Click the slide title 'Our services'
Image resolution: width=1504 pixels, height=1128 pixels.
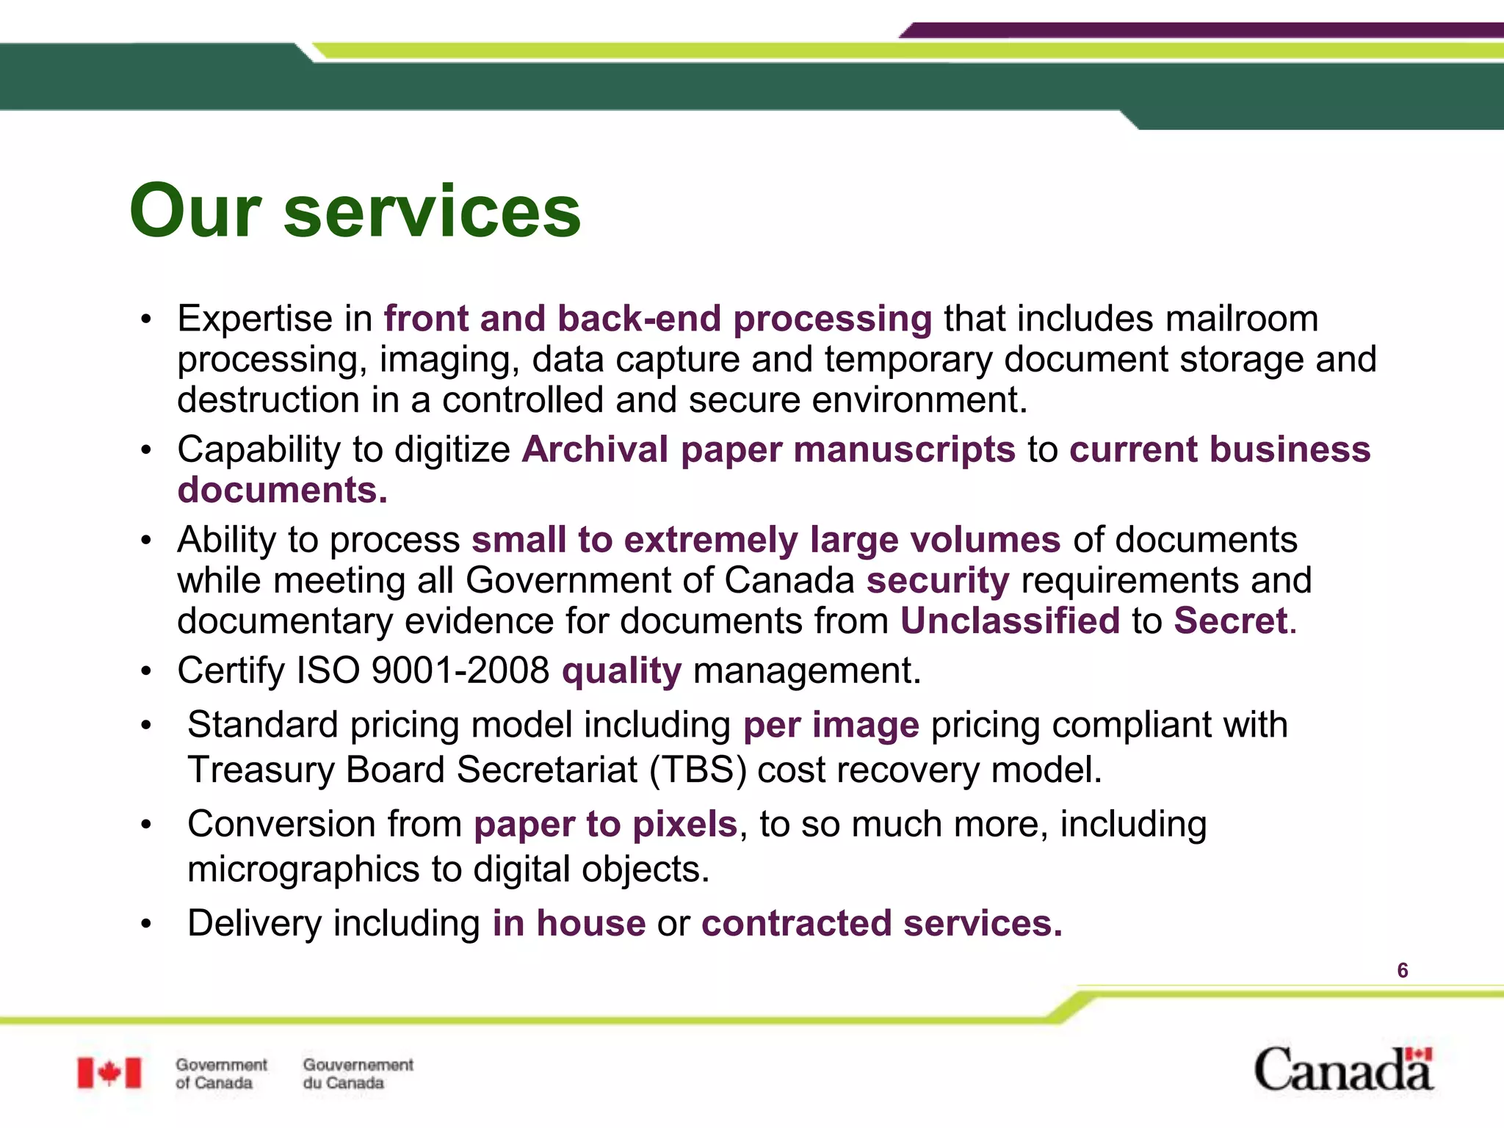[x=355, y=211]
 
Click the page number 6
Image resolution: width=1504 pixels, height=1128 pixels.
[x=1402, y=971]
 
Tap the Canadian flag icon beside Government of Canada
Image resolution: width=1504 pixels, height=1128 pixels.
[x=109, y=1073]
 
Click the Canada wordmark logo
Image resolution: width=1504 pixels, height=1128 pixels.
[x=1343, y=1069]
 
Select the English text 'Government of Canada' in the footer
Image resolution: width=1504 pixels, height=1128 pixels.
[x=221, y=1074]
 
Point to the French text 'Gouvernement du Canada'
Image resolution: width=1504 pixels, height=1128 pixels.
[x=358, y=1074]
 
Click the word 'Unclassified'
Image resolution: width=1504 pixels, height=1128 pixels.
[x=1010, y=621]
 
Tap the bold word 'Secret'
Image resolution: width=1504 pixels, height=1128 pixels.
[x=1230, y=621]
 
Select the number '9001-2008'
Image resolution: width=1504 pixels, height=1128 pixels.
[x=460, y=670]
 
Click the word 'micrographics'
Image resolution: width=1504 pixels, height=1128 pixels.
[x=303, y=870]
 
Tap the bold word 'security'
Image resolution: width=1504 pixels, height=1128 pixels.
[x=938, y=581]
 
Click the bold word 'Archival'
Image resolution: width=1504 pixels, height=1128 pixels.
[x=595, y=449]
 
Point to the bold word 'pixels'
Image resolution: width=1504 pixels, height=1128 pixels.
[x=684, y=825]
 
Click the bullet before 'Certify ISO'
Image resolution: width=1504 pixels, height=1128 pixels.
[x=147, y=671]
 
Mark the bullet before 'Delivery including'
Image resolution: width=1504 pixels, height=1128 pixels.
[x=147, y=924]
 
